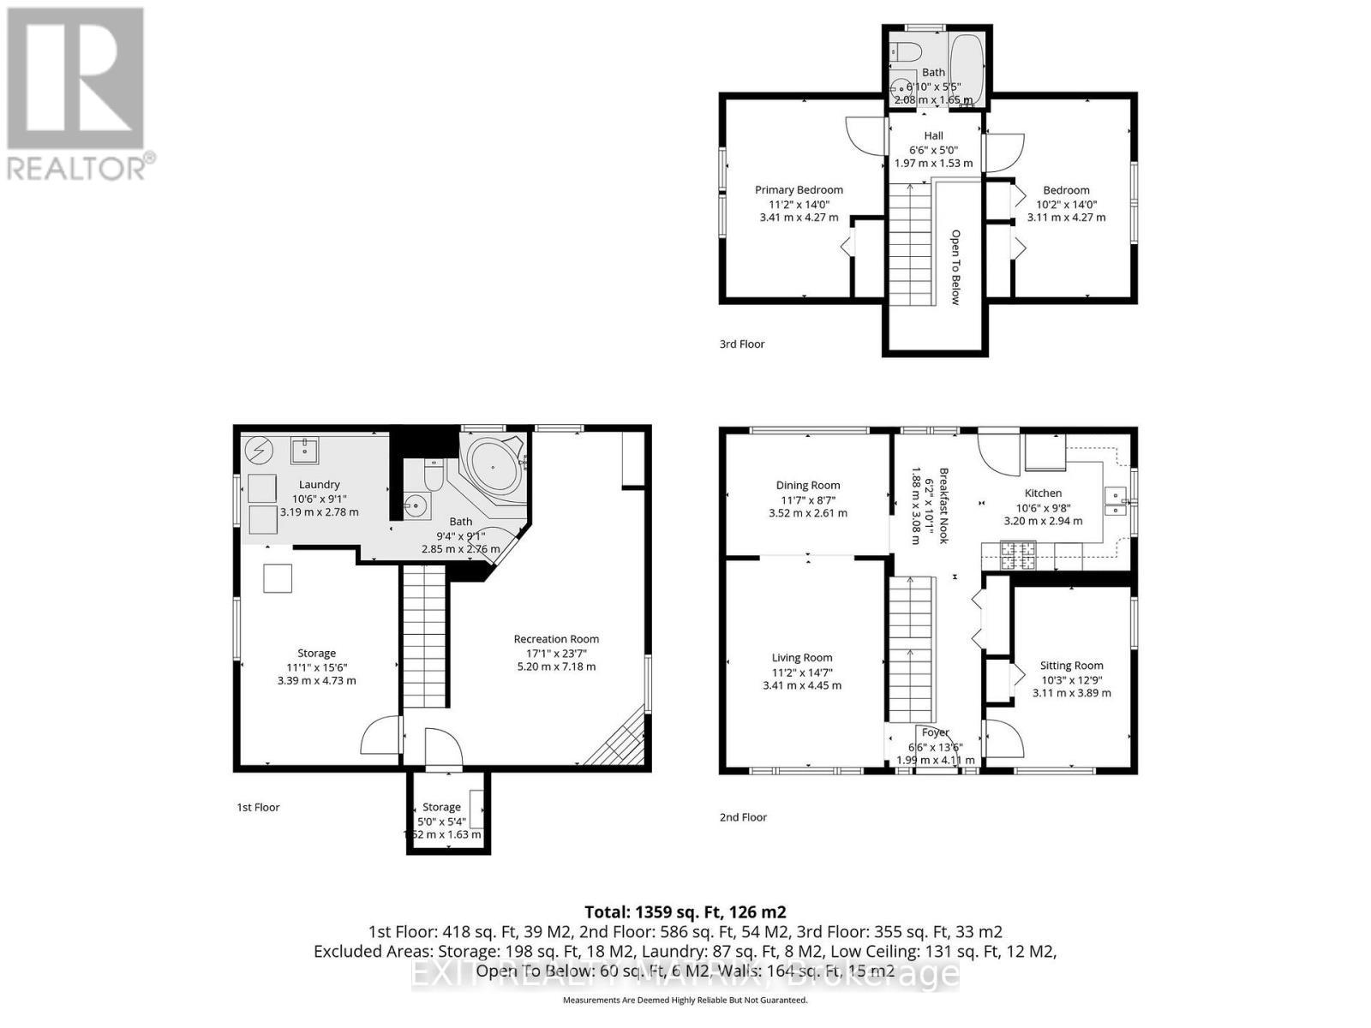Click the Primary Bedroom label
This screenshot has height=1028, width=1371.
click(799, 190)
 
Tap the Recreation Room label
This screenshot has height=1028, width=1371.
click(556, 639)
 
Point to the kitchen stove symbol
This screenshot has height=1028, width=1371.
click(1017, 555)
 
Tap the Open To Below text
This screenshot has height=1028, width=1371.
click(955, 266)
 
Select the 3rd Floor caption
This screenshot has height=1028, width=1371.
click(742, 344)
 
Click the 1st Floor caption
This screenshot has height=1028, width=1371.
click(258, 807)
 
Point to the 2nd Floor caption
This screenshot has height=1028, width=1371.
click(743, 817)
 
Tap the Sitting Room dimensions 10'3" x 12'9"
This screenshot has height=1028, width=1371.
click(1071, 679)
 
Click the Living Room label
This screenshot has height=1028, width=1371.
click(802, 658)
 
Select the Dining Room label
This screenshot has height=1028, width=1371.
click(808, 485)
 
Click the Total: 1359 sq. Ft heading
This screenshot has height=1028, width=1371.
click(685, 911)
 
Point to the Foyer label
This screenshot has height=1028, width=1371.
click(936, 732)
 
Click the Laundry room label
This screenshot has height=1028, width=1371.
click(320, 485)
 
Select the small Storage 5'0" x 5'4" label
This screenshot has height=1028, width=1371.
click(442, 807)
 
